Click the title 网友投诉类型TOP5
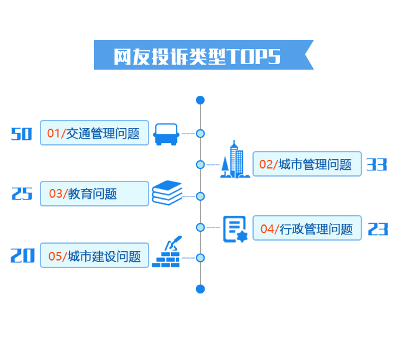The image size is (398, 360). point(197,55)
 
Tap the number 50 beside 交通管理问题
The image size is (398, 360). point(21,133)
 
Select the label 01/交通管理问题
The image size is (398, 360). point(95,133)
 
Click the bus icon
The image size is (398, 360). point(167,134)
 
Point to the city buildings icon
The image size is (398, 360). point(235,160)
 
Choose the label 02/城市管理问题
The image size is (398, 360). point(307,164)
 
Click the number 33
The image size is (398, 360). point(376,164)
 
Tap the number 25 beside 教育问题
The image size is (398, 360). point(22,194)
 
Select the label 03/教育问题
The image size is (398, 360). point(95,194)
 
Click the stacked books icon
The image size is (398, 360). point(167,193)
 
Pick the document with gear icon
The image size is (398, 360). point(235,228)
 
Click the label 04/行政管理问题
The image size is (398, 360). point(307,229)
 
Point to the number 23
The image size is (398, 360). point(377,229)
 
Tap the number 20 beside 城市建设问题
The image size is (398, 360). point(22,256)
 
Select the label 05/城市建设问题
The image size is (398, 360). point(95,256)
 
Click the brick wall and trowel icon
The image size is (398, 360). point(167,253)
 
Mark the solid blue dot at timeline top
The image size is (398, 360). point(200,100)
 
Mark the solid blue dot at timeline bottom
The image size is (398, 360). point(200,288)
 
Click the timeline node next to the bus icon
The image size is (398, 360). point(200,133)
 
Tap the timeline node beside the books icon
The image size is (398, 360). point(200,196)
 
